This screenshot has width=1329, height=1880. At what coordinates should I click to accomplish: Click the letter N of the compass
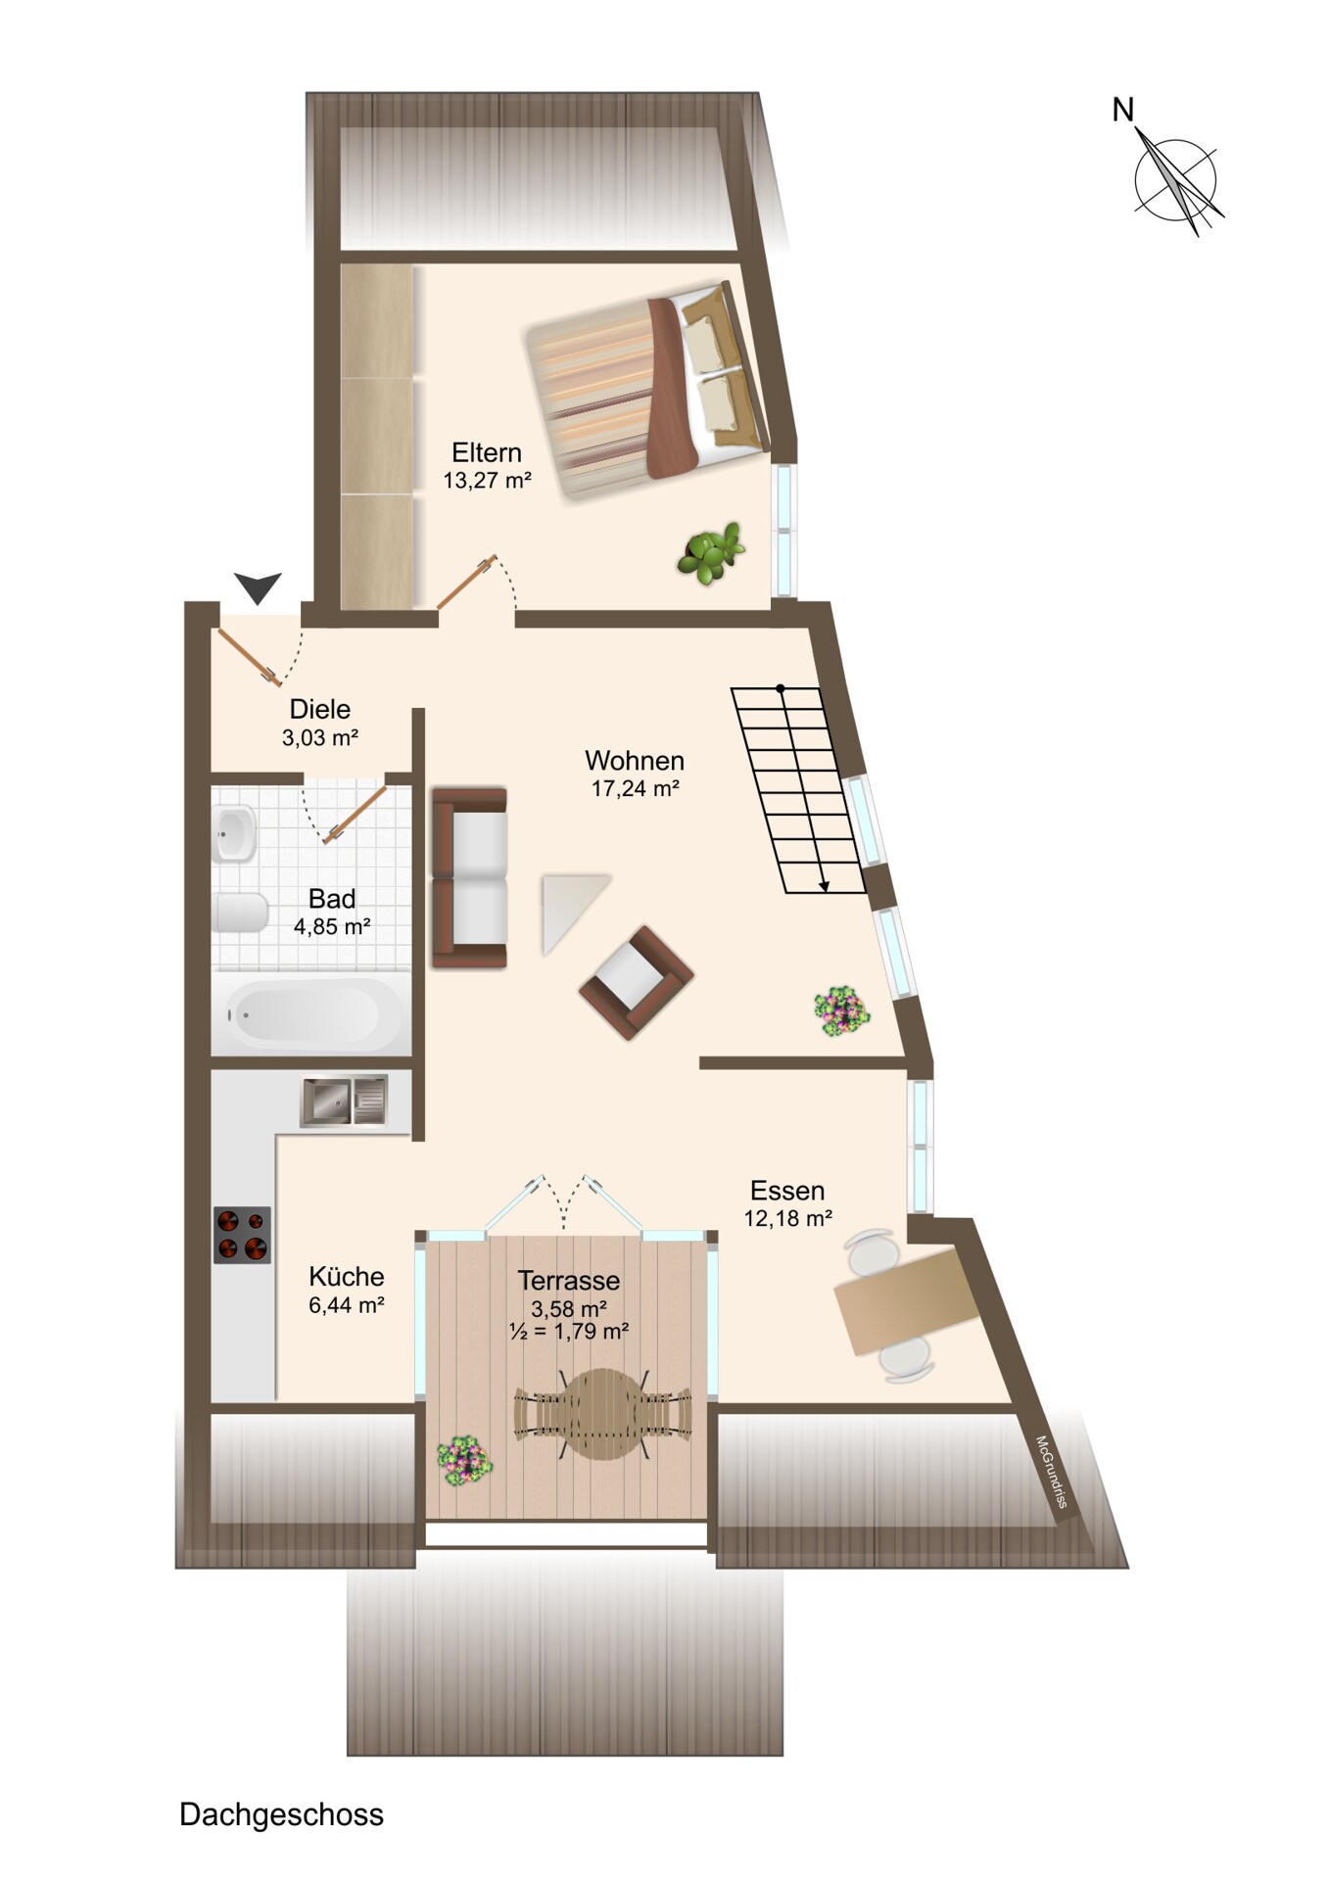(x=1122, y=110)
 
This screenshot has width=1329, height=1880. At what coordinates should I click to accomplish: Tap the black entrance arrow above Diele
(x=259, y=587)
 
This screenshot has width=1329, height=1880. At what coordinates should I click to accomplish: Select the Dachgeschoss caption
(x=281, y=1814)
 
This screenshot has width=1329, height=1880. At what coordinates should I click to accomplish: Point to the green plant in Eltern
(x=710, y=553)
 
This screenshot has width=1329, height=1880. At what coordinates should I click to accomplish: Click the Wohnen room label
(x=635, y=760)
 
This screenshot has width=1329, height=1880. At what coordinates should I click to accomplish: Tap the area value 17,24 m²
(x=636, y=788)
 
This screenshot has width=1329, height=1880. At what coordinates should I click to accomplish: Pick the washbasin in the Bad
(x=234, y=833)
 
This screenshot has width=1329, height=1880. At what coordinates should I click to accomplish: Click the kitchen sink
(x=344, y=1100)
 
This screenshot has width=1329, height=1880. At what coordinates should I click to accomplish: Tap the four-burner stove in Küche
(x=243, y=1235)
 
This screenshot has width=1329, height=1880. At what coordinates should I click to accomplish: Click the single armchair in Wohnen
(x=637, y=983)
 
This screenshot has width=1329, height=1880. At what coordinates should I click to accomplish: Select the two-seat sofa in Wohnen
(x=470, y=878)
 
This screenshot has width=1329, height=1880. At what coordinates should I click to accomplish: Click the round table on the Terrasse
(x=602, y=1414)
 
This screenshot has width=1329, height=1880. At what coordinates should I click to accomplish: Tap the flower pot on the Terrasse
(x=464, y=1462)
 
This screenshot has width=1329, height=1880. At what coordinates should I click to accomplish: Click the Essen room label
(x=787, y=1191)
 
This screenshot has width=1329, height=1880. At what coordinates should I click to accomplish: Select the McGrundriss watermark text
(x=1051, y=1472)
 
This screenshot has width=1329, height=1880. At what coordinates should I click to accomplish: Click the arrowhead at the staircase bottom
(x=825, y=886)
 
